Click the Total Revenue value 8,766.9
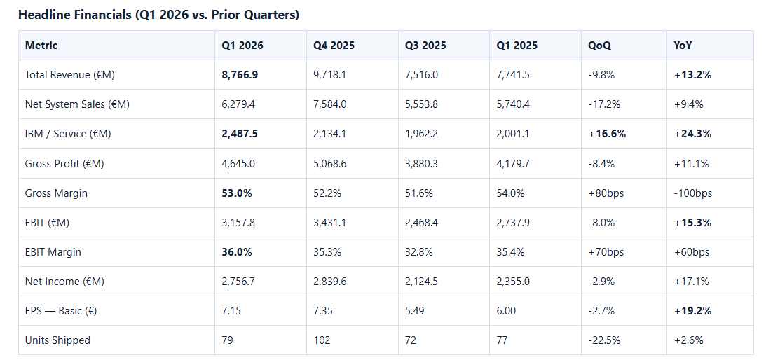point(240,75)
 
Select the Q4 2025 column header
point(334,46)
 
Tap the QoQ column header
point(599,46)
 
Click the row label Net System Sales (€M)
point(77,104)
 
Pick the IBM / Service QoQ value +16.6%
point(607,134)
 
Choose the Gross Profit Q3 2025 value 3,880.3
point(421,164)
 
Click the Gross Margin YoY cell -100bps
point(692,193)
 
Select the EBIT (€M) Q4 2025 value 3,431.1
point(330,223)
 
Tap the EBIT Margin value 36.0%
point(237,252)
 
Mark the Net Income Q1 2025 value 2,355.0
point(513,282)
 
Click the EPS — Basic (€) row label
point(60,311)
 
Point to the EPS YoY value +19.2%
point(692,311)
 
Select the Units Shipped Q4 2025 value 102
point(322,340)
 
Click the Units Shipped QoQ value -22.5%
point(604,340)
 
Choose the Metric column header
point(41,46)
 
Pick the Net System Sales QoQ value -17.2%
point(604,104)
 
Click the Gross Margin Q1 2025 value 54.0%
point(510,193)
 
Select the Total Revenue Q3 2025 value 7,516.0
point(421,75)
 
